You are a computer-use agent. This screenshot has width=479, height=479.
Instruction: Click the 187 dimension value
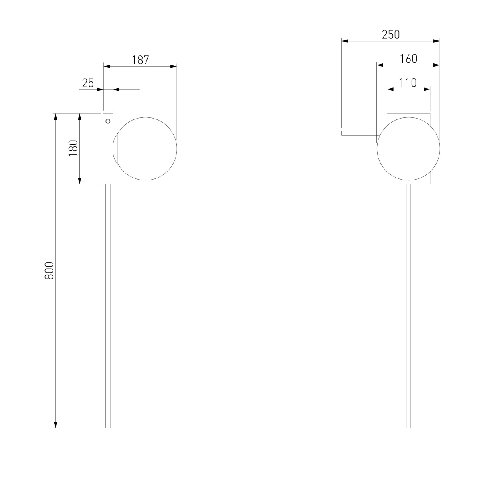click(140, 60)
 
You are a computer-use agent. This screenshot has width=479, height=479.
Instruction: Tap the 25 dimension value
click(88, 83)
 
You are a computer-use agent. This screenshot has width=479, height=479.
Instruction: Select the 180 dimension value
click(73, 148)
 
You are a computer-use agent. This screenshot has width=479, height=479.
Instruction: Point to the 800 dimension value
click(49, 271)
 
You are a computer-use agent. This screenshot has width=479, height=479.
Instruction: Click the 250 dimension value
click(391, 35)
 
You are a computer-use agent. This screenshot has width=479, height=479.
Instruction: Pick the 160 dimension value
click(408, 59)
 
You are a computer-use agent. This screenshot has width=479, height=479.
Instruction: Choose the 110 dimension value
click(408, 83)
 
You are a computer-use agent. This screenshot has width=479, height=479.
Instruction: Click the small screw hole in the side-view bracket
click(108, 121)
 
